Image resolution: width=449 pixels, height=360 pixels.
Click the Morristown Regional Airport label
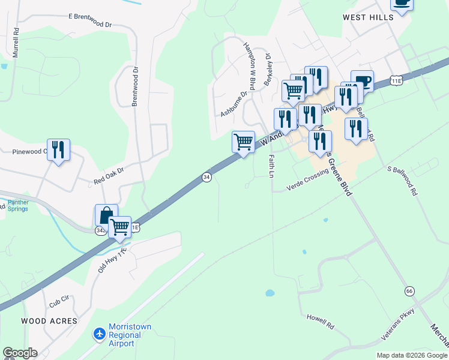coord(130,335)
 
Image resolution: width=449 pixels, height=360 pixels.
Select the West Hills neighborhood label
coord(368,17)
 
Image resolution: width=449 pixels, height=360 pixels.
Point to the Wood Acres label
coord(49,321)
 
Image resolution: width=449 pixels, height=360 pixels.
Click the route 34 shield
coord(206,177)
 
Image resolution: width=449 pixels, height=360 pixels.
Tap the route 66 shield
coord(409,290)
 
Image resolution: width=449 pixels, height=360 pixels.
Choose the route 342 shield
coord(101,230)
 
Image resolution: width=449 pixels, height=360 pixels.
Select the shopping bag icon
coord(106,215)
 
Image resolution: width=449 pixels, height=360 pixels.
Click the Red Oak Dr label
coord(108,176)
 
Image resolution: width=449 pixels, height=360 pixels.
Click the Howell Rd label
coord(320,318)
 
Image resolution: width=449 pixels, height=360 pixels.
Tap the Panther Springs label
coord(18,206)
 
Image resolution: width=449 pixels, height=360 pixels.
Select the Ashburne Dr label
coord(234,104)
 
